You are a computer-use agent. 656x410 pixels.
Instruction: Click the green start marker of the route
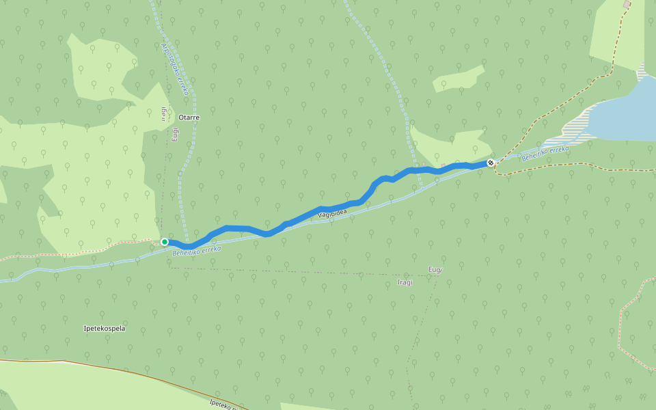[165, 242]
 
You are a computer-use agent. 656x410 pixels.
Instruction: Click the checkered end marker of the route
[491, 163]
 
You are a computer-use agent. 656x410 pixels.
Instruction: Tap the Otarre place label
[188, 118]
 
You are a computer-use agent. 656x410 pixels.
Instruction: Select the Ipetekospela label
[104, 329]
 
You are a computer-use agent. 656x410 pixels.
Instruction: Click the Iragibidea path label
[333, 215]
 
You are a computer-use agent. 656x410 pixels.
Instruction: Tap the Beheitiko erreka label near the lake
[545, 154]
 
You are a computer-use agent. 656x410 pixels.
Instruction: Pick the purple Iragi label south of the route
[406, 282]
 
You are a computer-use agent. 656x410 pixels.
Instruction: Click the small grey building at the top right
[627, 5]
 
